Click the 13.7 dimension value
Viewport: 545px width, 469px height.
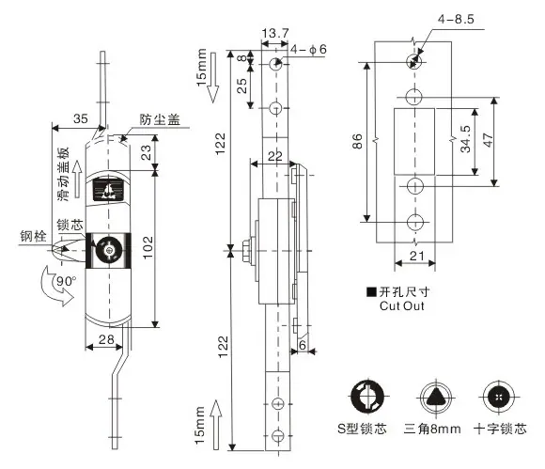coord(275,34)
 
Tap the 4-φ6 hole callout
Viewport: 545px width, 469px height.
coord(308,50)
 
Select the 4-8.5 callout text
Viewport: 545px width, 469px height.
coord(456,19)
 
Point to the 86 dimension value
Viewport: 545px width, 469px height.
coord(357,141)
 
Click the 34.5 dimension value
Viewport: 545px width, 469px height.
coord(465,139)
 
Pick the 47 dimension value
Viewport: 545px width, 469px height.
coord(489,140)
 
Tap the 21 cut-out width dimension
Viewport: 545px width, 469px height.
coord(417,257)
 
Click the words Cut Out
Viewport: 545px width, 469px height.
coord(402,306)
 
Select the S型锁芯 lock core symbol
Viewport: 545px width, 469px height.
coord(367,396)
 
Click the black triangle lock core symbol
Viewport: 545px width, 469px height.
coord(435,397)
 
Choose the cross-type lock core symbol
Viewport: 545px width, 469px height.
coord(499,397)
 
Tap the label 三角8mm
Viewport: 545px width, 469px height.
coord(432,429)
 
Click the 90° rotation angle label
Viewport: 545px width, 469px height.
coord(66,281)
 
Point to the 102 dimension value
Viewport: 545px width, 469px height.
coord(148,247)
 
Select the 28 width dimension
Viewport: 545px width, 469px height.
coord(106,339)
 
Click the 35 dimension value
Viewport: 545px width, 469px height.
coord(81,119)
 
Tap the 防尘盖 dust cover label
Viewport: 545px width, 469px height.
coord(160,119)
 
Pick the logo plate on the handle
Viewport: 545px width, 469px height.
coord(108,189)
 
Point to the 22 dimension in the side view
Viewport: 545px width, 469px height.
coord(274,156)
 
